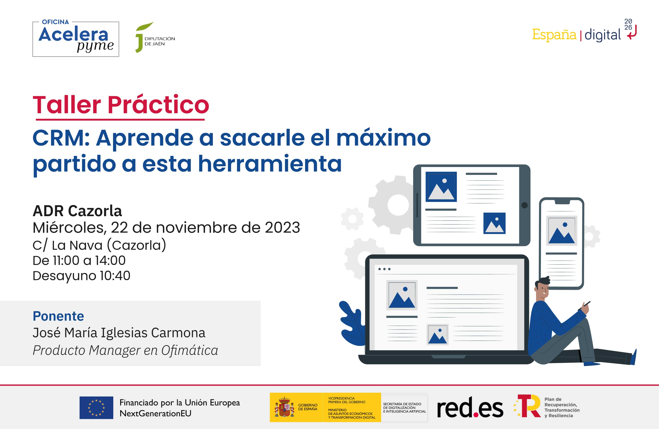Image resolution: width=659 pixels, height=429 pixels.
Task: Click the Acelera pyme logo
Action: pyautogui.click(x=76, y=39)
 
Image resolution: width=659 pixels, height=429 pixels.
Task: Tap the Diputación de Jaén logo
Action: pyautogui.click(x=155, y=38)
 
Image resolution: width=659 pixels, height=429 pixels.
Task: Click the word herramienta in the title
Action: pyautogui.click(x=270, y=164)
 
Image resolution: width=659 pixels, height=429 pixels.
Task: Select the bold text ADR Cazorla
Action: pyautogui.click(x=77, y=211)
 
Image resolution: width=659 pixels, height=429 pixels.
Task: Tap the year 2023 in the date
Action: pyautogui.click(x=282, y=227)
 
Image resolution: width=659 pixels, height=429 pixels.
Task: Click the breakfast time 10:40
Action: pyautogui.click(x=115, y=276)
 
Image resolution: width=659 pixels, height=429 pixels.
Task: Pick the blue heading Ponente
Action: pyautogui.click(x=58, y=316)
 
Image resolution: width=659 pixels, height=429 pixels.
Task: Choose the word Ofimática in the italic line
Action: pyautogui.click(x=190, y=351)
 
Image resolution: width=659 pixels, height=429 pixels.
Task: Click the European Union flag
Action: pyautogui.click(x=96, y=408)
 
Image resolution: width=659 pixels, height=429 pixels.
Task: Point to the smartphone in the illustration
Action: pyautogui.click(x=561, y=243)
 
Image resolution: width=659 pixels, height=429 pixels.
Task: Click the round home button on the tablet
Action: pyautogui.click(x=524, y=205)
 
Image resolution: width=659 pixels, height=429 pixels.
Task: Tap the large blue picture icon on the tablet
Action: pyautogui.click(x=441, y=187)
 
